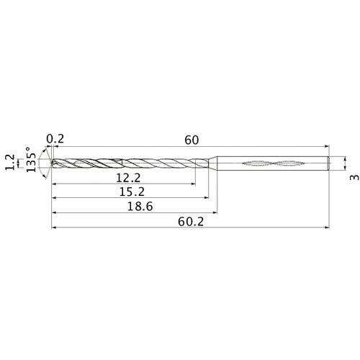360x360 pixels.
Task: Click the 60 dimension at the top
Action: coord(191,140)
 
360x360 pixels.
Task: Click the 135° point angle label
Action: coord(31,163)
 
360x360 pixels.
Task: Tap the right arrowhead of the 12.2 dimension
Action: coord(193,184)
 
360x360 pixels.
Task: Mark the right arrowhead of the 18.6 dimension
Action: coord(215,212)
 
